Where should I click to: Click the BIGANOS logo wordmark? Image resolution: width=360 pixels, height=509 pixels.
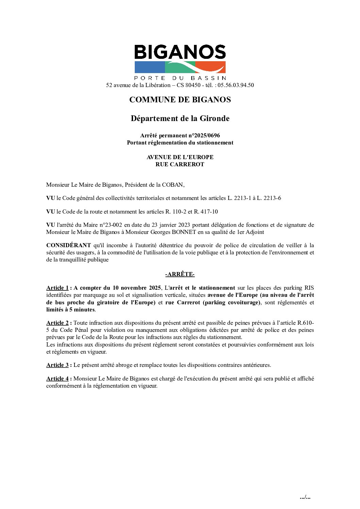point(180,52)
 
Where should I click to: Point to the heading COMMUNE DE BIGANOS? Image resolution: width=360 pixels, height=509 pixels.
point(180,100)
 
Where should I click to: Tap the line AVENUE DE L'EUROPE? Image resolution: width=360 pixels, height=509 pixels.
point(180,157)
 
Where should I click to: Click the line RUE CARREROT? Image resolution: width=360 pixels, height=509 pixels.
point(180,164)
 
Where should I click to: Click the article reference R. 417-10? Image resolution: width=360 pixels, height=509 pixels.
point(206,211)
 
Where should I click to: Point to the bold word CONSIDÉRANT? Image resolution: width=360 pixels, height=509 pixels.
point(68,245)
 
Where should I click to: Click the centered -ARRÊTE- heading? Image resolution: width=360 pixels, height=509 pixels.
point(180,274)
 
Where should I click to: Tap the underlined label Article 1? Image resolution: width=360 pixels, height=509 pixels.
point(58,288)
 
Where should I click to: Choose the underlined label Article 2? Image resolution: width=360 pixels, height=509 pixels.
point(58,323)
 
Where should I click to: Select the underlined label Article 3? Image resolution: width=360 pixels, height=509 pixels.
point(58,365)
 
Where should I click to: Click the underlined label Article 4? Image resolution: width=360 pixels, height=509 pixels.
point(58,378)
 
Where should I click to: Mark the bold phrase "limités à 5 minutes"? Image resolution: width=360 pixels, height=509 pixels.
point(70,309)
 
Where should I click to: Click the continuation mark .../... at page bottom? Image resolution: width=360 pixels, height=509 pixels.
point(305,497)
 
